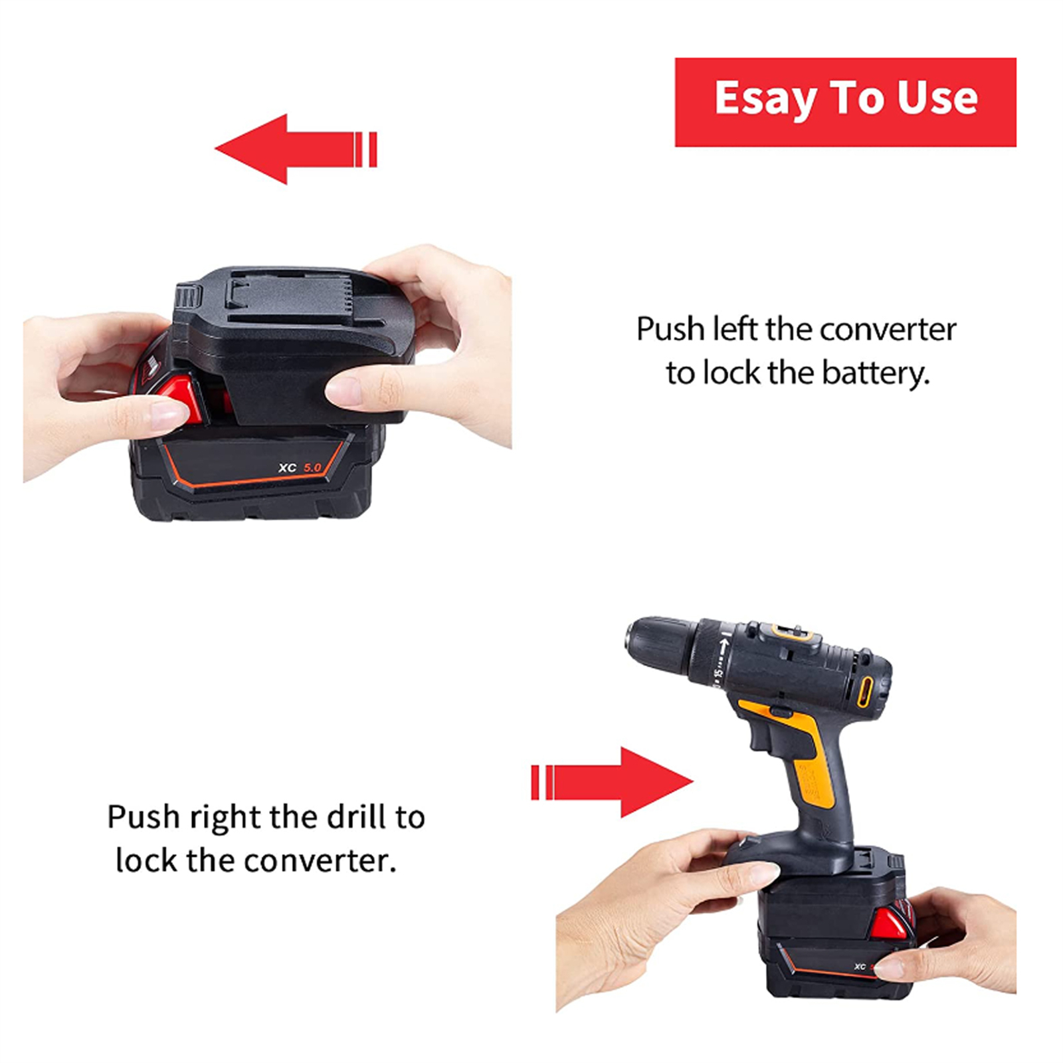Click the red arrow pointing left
(x=296, y=149)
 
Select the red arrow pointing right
(x=612, y=782)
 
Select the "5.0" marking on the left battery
(x=312, y=468)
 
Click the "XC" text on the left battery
(x=288, y=468)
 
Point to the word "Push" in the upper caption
(x=670, y=330)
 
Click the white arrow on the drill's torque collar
(x=725, y=644)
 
